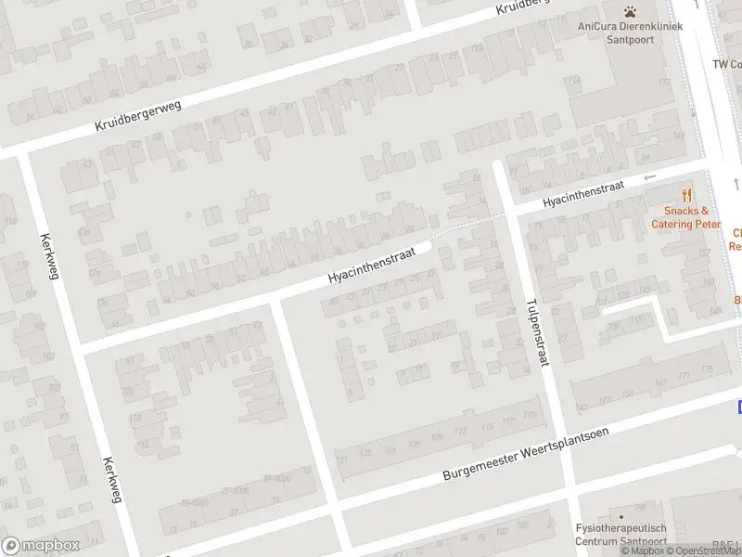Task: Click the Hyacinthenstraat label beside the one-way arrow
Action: point(582,192)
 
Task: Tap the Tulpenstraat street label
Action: point(537,331)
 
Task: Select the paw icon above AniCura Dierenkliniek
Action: point(631,11)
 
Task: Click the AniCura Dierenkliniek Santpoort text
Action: point(630,32)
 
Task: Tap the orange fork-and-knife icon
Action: point(686,195)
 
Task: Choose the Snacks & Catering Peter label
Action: point(685,217)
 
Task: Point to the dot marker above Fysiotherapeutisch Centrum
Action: point(620,515)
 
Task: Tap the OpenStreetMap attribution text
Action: point(704,551)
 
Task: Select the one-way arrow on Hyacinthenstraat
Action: point(649,176)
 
